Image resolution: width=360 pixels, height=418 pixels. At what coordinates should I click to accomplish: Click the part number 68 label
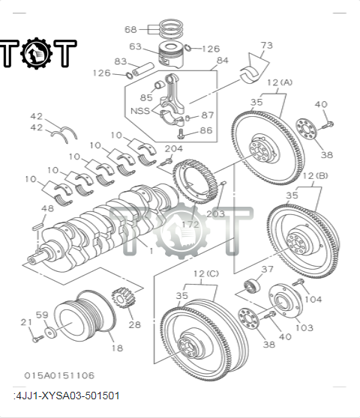[130, 29]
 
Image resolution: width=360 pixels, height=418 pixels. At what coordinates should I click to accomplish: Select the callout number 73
[266, 46]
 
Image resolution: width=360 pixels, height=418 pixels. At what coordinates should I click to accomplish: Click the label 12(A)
[279, 82]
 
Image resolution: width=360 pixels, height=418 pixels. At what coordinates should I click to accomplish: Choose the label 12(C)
[206, 273]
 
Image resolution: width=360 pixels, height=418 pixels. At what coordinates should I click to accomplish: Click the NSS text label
[140, 110]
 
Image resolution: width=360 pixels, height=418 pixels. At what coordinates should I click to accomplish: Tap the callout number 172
[190, 224]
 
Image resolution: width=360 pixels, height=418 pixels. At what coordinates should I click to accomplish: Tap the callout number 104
[314, 299]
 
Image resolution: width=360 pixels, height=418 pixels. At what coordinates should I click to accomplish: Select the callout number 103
[304, 328]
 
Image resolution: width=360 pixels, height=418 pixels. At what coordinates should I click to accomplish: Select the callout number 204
[173, 149]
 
